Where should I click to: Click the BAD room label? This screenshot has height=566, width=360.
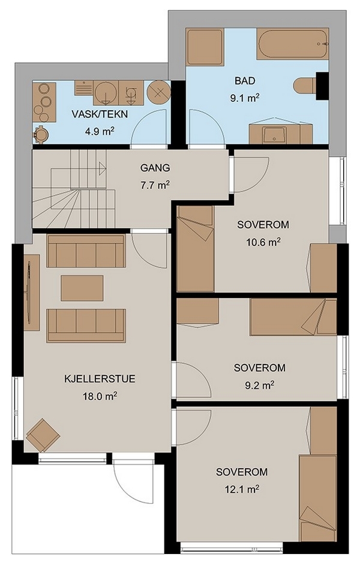tap(245, 80)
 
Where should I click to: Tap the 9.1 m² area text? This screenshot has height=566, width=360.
tap(245, 98)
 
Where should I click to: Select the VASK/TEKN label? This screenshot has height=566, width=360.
tap(100, 115)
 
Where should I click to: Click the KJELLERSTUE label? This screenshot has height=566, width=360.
tap(100, 379)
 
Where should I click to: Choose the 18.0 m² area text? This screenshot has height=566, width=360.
tap(100, 396)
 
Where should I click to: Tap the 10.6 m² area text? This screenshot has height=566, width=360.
tap(263, 242)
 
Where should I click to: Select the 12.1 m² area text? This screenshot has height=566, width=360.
tap(242, 489)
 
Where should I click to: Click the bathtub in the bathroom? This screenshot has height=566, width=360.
tap(292, 44)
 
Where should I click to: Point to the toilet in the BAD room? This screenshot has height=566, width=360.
tap(305, 86)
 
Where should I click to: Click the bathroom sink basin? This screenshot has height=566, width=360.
tap(274, 135)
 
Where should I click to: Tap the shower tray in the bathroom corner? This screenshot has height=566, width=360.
tap(205, 47)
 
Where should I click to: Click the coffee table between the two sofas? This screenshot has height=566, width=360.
tap(82, 288)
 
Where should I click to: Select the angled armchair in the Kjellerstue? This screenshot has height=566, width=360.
tap(43, 435)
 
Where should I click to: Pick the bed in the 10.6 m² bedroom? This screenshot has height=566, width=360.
tap(195, 248)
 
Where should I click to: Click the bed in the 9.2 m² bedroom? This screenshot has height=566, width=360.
tap(293, 317)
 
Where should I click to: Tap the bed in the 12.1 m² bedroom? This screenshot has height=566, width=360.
tap(318, 498)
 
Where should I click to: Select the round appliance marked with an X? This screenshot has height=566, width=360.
tap(158, 92)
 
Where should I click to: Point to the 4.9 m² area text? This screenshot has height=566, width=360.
tap(100, 131)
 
